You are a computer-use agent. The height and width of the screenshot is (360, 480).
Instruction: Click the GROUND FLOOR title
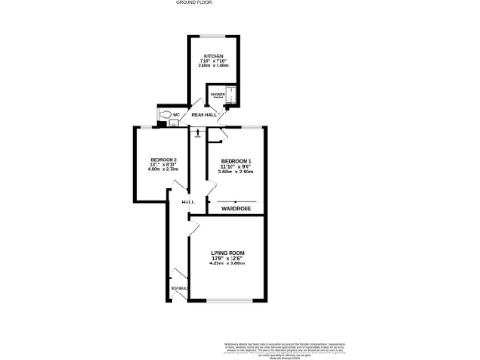(x=192, y=3)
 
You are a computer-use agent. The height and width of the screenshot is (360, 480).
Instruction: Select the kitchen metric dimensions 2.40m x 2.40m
(x=215, y=67)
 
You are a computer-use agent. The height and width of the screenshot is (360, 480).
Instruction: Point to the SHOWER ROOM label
(x=215, y=95)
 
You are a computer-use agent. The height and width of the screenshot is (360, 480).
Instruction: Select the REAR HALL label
(x=204, y=116)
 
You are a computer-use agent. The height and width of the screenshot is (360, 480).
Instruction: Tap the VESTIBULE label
(x=176, y=288)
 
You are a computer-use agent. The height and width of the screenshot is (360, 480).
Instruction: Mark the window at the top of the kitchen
(x=215, y=36)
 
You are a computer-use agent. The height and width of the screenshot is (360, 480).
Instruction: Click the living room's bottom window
(x=228, y=302)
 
